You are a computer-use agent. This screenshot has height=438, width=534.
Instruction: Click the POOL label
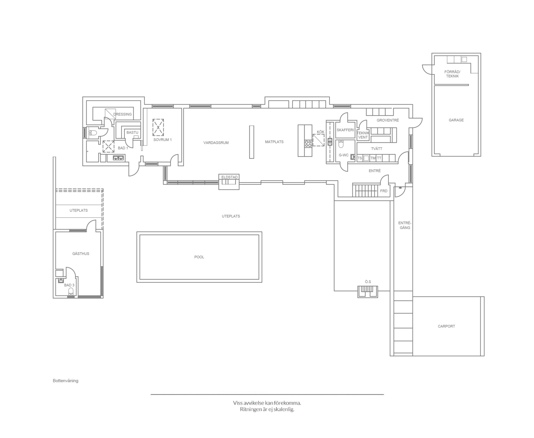pos(199,257)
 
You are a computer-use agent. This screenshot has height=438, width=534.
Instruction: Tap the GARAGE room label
pos(456,120)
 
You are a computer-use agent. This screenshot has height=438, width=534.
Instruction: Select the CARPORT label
pos(446,326)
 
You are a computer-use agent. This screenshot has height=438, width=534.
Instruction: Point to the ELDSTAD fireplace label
pos(229,177)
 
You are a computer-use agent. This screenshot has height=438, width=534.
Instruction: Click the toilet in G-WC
pos(341,144)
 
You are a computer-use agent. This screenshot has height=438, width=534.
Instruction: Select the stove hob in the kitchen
pos(308,144)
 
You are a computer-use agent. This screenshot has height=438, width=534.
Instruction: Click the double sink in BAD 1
pos(118,158)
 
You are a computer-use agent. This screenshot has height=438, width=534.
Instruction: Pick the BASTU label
pos(132,132)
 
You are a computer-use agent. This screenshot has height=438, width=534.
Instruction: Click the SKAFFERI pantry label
pos(345,130)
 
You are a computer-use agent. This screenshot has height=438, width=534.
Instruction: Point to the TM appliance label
pos(373,158)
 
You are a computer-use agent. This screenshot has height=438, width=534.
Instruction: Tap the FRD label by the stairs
pos(384,191)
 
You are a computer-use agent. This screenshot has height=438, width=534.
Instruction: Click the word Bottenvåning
pos(65,381)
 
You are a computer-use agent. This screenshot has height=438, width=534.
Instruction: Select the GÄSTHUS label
pos(81,254)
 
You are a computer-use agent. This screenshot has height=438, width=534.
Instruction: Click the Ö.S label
pos(368,282)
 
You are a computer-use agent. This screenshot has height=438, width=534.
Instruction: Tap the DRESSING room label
pos(123,114)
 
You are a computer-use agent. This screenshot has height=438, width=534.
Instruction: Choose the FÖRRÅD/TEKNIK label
pos(452,74)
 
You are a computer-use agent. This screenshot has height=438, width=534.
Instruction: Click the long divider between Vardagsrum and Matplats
pos(252,142)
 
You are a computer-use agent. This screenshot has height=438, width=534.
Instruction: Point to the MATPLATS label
pos(274,142)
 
